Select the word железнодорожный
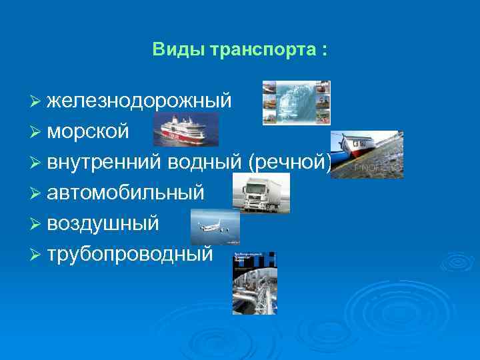point(139,101)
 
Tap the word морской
point(88,131)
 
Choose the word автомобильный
point(125,193)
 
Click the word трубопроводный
point(130,254)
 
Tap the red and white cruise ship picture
point(185,129)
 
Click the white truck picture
point(261,193)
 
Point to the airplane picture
point(215,227)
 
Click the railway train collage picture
point(296,103)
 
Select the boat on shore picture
point(367,155)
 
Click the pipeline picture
point(254,283)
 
